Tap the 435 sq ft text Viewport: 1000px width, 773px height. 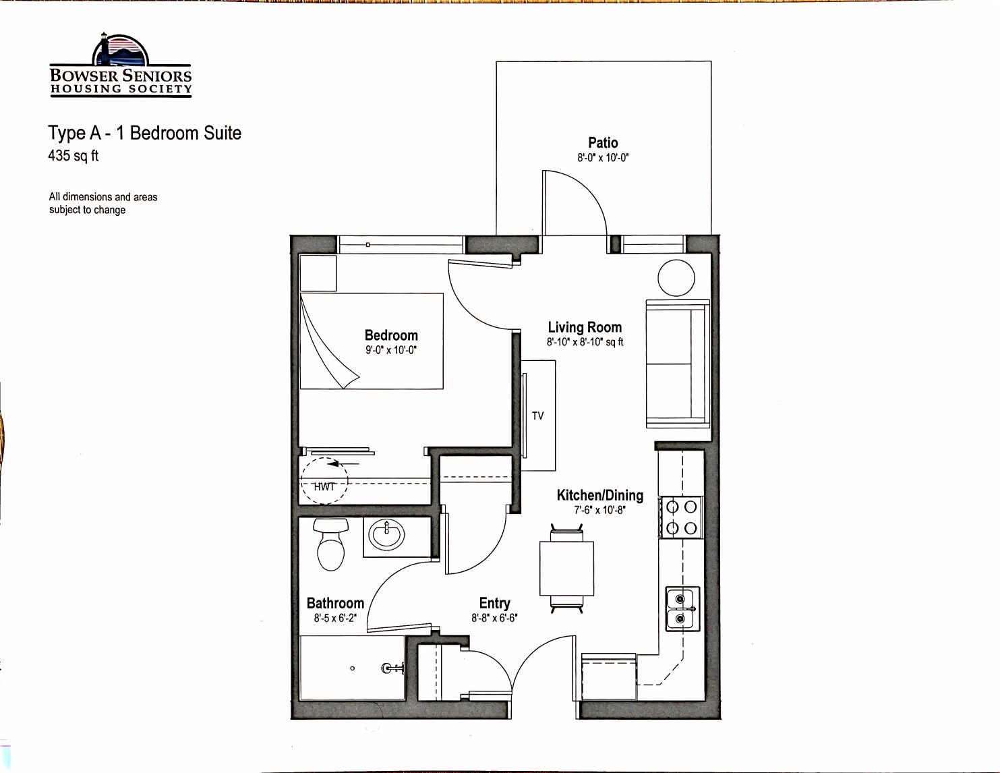click(x=73, y=156)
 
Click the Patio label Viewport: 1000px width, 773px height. click(x=603, y=142)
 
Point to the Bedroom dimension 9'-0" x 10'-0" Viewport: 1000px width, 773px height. click(x=390, y=350)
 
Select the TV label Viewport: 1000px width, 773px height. click(x=537, y=416)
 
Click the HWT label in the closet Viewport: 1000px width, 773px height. click(x=324, y=486)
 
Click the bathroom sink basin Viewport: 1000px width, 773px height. click(x=386, y=535)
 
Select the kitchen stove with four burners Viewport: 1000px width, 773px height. click(x=681, y=517)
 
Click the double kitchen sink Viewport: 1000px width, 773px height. click(x=682, y=608)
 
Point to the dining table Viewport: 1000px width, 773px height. click(x=566, y=568)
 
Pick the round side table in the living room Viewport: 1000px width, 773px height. click(x=676, y=278)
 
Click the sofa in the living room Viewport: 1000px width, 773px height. click(x=678, y=364)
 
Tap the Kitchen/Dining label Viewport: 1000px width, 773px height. click(x=600, y=495)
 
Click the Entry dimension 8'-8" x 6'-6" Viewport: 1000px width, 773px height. click(x=494, y=618)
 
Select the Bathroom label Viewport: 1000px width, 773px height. click(x=335, y=603)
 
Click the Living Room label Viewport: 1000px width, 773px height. click(x=585, y=327)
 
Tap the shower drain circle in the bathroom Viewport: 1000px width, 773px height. click(x=353, y=668)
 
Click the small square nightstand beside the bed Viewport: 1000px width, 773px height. click(x=318, y=273)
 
